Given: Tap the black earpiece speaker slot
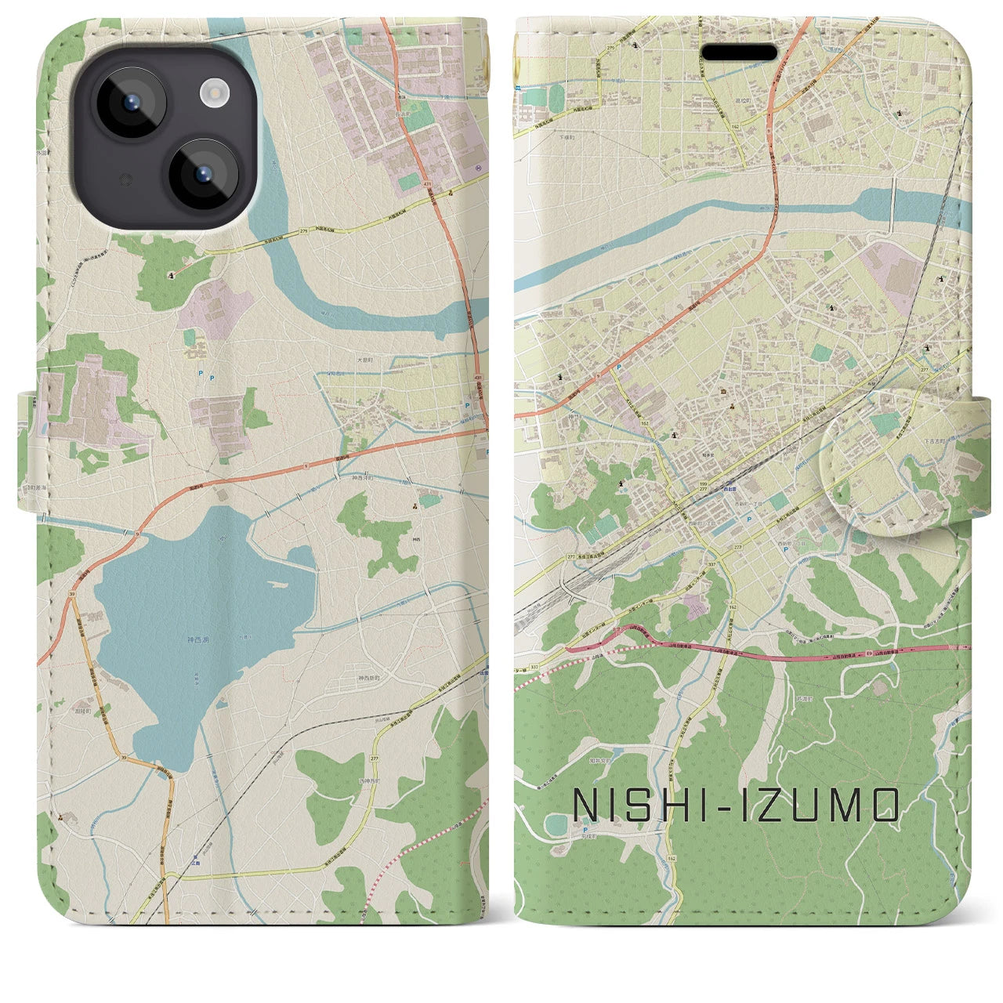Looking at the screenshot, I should point(739,53).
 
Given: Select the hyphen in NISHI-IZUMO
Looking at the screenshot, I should point(700,806).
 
